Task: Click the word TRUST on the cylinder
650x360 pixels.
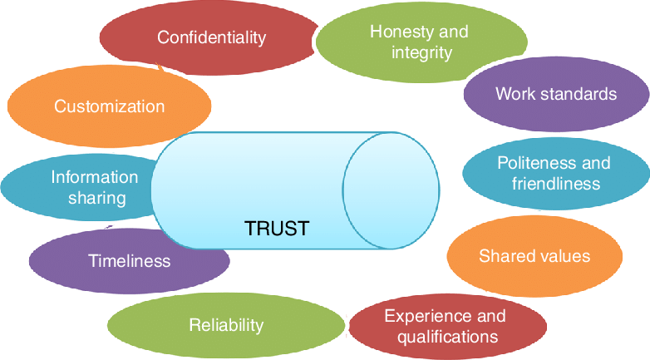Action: tap(277, 228)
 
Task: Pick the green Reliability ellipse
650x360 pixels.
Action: tap(225, 325)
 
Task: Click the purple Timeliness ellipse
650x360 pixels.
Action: tap(129, 261)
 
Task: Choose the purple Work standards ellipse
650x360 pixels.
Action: tap(555, 94)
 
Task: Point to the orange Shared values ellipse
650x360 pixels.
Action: tap(534, 256)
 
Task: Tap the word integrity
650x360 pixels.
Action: tap(422, 52)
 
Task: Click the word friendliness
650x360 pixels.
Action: tap(555, 183)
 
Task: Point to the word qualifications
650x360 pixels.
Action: tap(447, 337)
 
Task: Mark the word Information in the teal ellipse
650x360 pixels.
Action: tap(95, 176)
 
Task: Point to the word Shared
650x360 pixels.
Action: tap(506, 256)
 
